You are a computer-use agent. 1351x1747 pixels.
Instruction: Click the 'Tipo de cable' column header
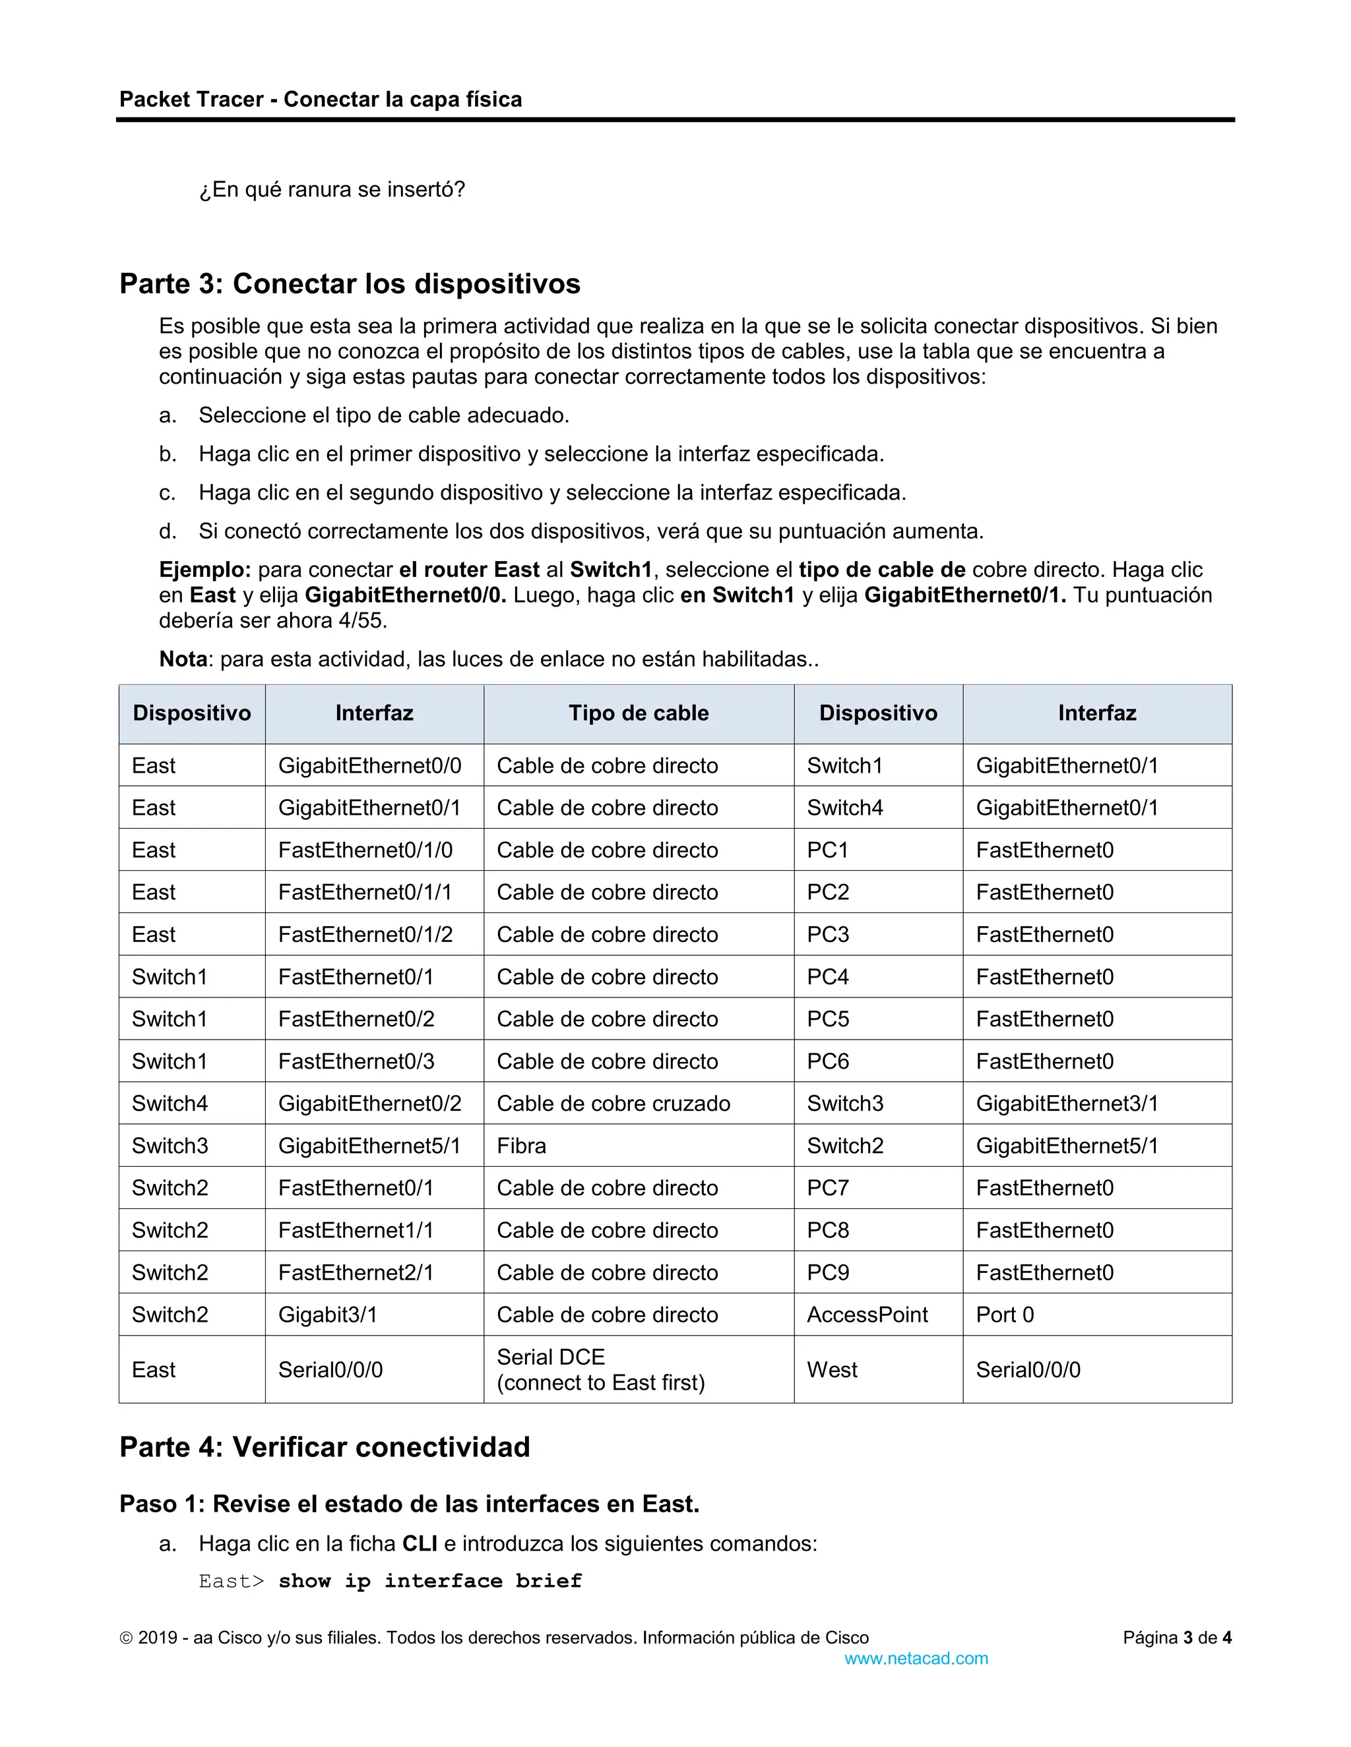[638, 713]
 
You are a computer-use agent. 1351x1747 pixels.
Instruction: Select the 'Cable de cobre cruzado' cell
[613, 1104]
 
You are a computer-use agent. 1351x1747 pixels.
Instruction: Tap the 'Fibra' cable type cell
[522, 1146]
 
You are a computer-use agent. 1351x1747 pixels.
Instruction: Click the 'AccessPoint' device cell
[867, 1315]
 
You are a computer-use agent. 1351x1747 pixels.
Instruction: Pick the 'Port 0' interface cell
[1005, 1315]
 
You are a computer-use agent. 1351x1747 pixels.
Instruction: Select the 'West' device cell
[832, 1371]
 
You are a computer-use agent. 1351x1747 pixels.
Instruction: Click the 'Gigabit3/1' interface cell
[327, 1315]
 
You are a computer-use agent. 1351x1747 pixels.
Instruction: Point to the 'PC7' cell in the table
[828, 1189]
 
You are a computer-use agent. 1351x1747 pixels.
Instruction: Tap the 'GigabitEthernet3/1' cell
[1067, 1104]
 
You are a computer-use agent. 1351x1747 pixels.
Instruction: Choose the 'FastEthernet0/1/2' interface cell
[365, 935]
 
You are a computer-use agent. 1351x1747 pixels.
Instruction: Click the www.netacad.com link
[916, 1659]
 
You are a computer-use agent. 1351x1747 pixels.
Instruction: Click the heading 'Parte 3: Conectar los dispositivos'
[350, 284]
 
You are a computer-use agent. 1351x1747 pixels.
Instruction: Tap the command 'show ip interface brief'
[430, 1582]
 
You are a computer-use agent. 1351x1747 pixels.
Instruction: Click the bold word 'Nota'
[183, 660]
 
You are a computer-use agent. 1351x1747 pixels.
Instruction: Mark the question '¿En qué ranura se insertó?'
[332, 191]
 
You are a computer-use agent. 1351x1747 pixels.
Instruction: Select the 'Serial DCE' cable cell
[551, 1357]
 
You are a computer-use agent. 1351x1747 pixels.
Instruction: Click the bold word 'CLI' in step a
[420, 1544]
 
